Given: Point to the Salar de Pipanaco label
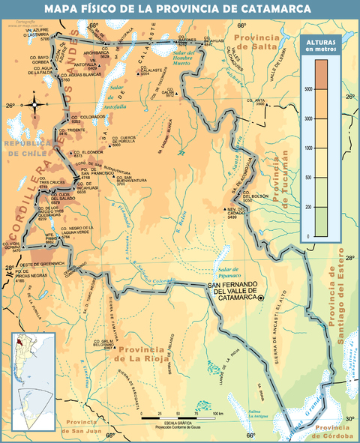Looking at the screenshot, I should click(x=226, y=273).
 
